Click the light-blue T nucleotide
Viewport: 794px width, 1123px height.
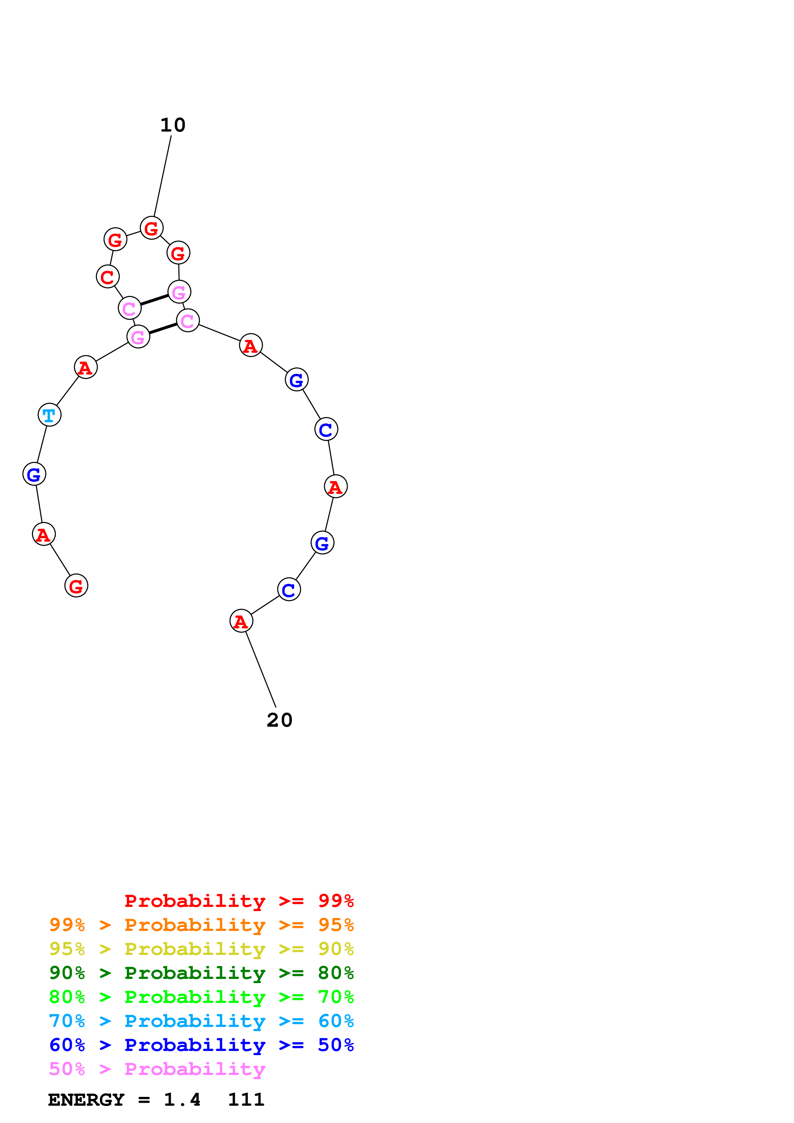pos(49,415)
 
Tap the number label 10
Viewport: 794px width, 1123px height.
pos(173,125)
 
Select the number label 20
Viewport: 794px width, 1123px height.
pos(279,720)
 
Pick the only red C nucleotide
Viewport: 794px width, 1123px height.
pos(108,277)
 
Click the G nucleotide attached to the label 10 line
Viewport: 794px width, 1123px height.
pos(151,228)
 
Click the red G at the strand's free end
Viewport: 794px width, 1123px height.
pos(76,586)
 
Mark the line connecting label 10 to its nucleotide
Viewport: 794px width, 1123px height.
pos(162,176)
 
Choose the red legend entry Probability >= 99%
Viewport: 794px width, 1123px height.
pos(239,901)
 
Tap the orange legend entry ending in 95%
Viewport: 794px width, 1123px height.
pos(201,925)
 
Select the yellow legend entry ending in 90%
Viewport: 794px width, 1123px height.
pos(201,949)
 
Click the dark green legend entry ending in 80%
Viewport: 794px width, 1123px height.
pos(201,973)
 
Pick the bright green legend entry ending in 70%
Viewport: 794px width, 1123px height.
pos(201,997)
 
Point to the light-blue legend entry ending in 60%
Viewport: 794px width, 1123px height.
pos(201,1021)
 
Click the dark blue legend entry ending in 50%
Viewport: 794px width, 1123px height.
pos(201,1045)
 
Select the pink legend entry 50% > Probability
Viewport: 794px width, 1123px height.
pos(157,1069)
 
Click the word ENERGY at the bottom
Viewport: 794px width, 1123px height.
pos(86,1100)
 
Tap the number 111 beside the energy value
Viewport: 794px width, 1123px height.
pos(246,1100)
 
